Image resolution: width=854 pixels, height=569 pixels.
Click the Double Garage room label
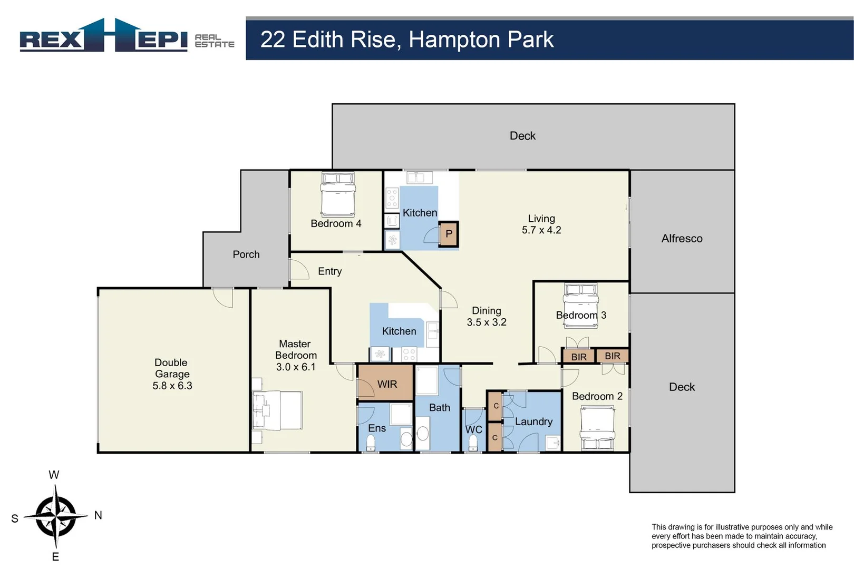172,374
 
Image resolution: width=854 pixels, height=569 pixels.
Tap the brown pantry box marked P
449,234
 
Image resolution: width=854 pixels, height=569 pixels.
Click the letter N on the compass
98,515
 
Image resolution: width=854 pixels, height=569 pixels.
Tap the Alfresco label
682,239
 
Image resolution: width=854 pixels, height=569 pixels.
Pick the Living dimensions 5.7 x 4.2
541,230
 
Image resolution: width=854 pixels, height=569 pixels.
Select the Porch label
246,254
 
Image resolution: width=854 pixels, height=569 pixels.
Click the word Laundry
533,421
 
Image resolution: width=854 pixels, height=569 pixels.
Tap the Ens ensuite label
377,428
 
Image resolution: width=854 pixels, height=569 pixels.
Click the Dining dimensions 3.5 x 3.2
486,322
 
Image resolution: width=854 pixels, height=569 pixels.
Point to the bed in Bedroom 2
597,429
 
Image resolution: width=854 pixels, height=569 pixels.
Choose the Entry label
329,271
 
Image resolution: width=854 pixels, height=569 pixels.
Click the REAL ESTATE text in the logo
214,41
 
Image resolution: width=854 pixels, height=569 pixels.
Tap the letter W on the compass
54,475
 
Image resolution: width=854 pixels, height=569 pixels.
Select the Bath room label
439,408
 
